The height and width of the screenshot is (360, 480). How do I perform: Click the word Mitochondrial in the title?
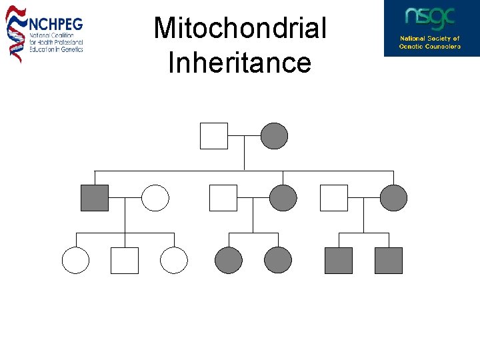(x=240, y=29)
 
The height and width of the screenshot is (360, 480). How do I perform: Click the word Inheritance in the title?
(x=240, y=63)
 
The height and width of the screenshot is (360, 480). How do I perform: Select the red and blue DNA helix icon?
(x=15, y=33)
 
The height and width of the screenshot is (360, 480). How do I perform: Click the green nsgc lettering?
(x=430, y=18)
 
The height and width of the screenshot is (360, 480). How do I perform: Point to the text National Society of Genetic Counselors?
(x=430, y=43)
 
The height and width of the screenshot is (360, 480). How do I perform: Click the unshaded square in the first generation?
(x=214, y=136)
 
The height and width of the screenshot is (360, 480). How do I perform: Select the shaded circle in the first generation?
(x=274, y=136)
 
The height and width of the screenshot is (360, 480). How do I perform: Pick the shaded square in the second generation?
(x=94, y=198)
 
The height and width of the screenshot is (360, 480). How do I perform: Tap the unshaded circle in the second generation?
(x=155, y=198)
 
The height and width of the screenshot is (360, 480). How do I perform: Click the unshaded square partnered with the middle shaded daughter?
(x=223, y=198)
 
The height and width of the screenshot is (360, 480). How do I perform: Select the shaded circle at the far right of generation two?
(x=393, y=198)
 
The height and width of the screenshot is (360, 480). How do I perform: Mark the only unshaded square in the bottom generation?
(x=125, y=261)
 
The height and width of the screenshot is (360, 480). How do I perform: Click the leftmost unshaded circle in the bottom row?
(x=75, y=261)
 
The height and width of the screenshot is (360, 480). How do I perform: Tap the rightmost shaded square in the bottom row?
(x=389, y=261)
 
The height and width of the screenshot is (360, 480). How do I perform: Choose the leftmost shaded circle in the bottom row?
(x=229, y=261)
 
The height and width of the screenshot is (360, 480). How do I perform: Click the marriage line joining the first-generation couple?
(x=244, y=136)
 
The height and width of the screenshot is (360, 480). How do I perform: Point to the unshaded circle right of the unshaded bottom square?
(x=174, y=261)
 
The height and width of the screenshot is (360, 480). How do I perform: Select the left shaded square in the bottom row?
(x=339, y=261)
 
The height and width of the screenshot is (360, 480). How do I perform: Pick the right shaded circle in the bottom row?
(x=278, y=261)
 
